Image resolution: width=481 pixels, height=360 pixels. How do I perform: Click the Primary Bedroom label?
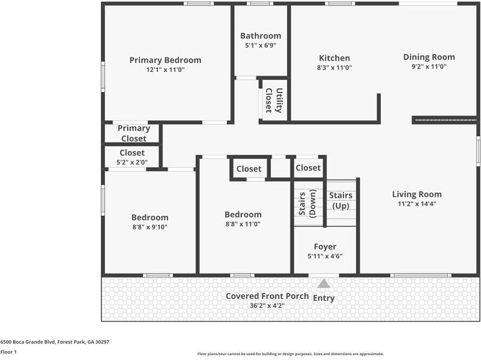(x=165, y=60)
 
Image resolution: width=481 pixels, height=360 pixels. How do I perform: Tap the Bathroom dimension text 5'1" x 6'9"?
(x=261, y=45)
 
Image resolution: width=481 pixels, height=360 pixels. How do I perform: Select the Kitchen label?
(x=334, y=58)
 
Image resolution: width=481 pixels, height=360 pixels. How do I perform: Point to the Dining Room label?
(x=429, y=57)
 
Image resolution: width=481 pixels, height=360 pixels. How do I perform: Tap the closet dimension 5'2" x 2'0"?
(x=132, y=162)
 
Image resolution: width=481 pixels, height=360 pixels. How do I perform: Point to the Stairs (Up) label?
(x=341, y=201)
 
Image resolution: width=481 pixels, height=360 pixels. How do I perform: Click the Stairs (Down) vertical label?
(x=307, y=204)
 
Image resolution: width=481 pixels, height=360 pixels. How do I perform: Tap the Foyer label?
(x=325, y=247)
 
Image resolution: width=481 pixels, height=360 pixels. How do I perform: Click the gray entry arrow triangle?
(x=324, y=284)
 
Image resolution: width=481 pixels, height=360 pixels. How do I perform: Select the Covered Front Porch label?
(x=267, y=296)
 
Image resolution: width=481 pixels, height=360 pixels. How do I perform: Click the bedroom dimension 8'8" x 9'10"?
(x=150, y=227)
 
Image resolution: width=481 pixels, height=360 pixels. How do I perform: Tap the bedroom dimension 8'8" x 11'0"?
(x=243, y=224)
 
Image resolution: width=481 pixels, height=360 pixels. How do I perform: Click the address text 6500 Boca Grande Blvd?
(x=55, y=341)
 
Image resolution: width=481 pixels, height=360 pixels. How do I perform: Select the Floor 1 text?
(x=8, y=352)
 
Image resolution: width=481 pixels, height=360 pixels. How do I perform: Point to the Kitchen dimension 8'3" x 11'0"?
(x=334, y=68)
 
